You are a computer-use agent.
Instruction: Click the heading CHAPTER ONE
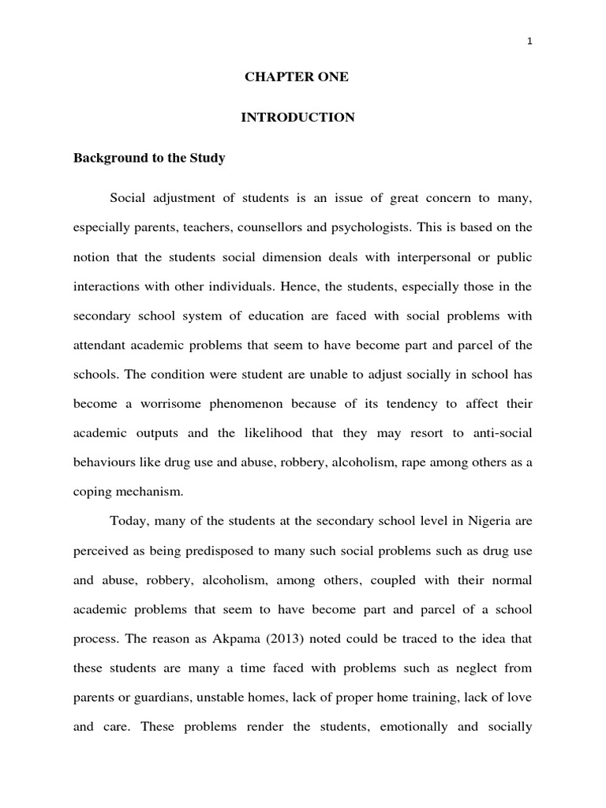[x=296, y=77]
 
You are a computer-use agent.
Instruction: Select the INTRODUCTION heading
[x=297, y=118]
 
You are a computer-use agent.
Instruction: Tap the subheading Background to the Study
[x=149, y=158]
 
